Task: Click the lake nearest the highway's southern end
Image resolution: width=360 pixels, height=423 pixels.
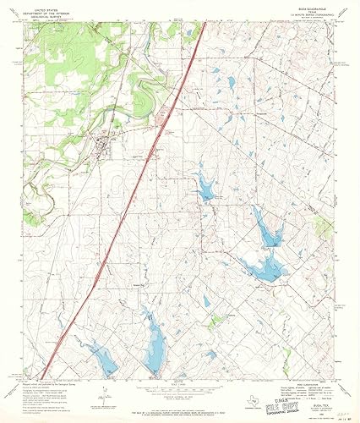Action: click(x=101, y=360)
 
